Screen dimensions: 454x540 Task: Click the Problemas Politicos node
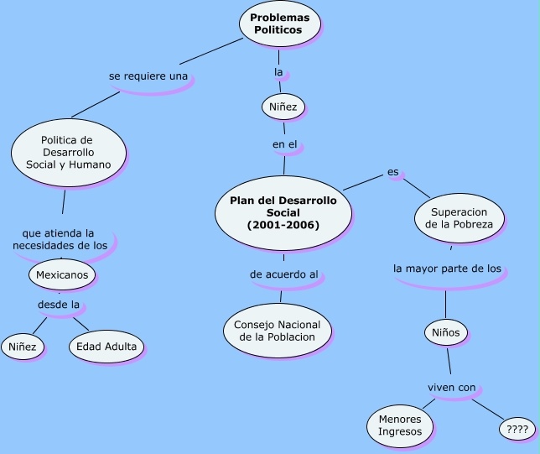281,23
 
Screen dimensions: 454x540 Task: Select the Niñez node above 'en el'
283,106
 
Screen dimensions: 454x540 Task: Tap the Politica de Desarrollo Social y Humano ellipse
69,152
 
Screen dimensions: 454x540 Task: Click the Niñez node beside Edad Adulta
23,347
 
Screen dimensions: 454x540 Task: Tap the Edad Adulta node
106,347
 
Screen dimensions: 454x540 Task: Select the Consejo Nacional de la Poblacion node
278,330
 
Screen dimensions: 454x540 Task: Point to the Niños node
445,331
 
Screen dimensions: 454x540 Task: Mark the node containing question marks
511,429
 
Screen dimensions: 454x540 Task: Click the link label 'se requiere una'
148,76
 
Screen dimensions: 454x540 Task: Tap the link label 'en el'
285,144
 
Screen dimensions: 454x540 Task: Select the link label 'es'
392,173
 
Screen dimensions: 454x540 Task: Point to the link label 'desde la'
58,304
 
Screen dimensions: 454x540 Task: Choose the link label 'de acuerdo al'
284,274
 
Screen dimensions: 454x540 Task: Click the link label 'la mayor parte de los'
447,269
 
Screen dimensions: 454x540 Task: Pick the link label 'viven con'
452,387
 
